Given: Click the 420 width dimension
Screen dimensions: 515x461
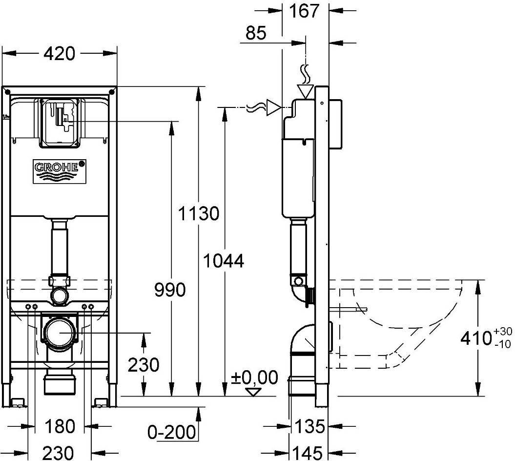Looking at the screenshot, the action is [60, 54].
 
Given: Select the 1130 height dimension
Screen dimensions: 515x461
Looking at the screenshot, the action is [198, 213].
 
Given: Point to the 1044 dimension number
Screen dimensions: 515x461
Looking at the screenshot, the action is [224, 262].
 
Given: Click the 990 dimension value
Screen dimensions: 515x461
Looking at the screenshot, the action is [170, 290].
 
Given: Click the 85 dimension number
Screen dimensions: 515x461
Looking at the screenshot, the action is [256, 33].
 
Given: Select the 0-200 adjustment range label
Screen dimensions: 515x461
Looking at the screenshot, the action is [171, 432].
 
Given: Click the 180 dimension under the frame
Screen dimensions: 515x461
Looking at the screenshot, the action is [60, 427].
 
